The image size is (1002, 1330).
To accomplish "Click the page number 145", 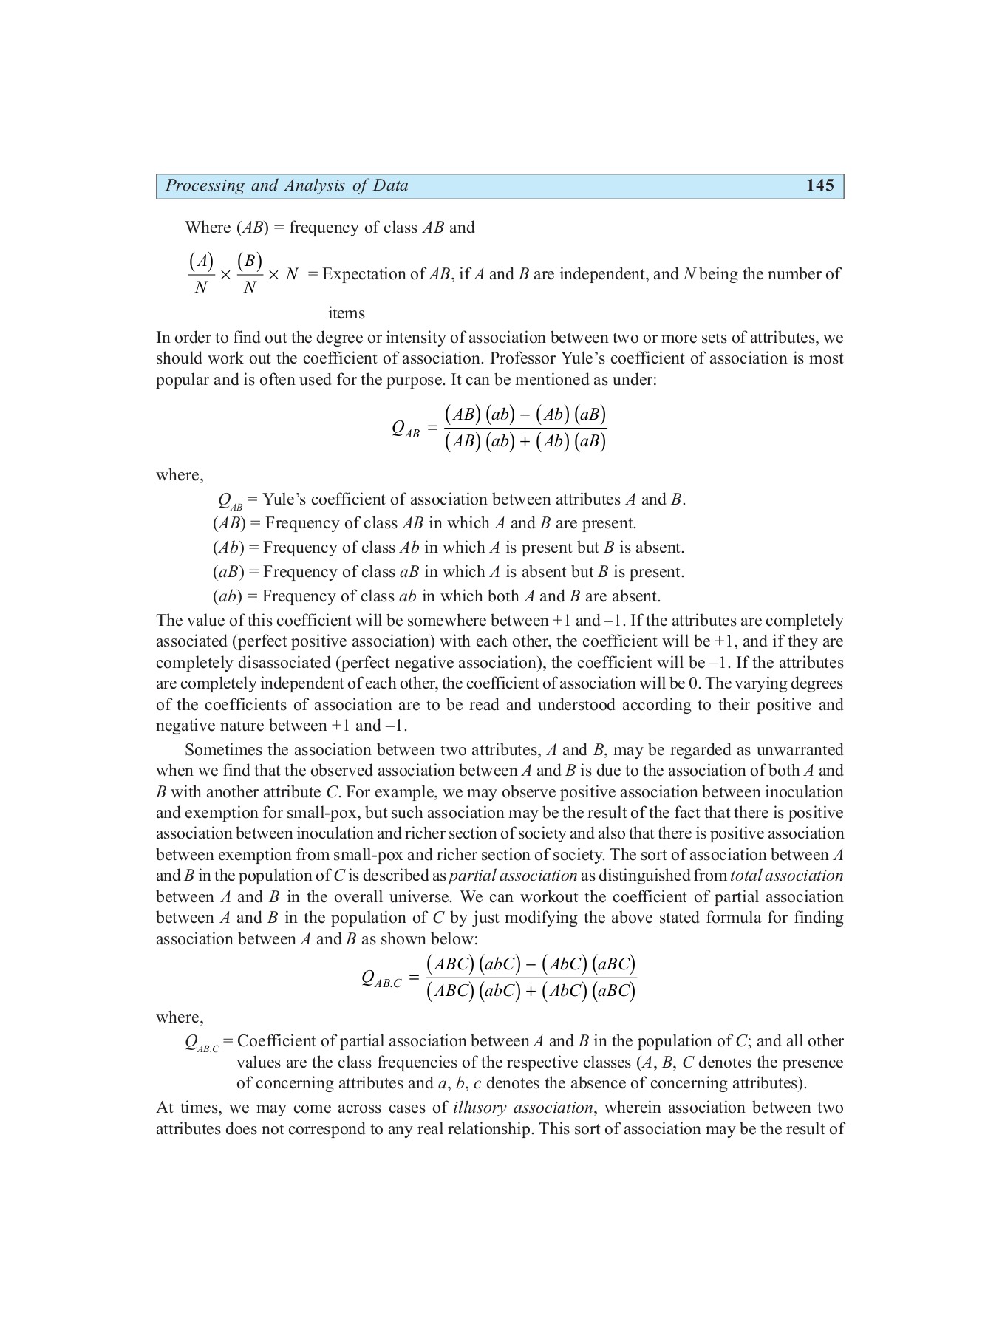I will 819,185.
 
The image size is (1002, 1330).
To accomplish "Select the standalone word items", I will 346,313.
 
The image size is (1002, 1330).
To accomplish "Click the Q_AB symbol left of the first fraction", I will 406,429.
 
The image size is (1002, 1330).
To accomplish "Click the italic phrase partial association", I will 513,876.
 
